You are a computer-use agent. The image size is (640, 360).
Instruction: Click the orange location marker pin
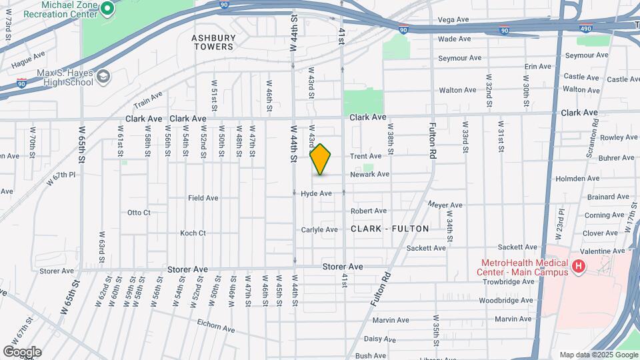pos(321,159)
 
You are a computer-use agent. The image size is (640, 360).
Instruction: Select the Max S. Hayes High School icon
pos(103,77)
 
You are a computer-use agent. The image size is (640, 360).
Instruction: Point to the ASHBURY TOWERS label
pos(213,43)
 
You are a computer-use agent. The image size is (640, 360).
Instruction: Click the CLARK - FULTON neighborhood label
pos(390,229)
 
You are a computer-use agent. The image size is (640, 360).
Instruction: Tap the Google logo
pos(22,351)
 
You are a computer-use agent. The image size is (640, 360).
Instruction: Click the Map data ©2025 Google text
pos(598,355)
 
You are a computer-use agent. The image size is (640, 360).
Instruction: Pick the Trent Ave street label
pos(366,156)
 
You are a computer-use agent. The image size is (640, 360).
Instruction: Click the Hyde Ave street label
pos(316,193)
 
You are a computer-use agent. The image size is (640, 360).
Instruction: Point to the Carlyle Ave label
pos(319,229)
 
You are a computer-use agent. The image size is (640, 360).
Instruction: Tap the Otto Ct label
pos(139,213)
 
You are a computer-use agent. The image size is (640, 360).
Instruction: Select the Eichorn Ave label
pos(216,329)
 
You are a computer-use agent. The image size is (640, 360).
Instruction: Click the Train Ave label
pos(148,101)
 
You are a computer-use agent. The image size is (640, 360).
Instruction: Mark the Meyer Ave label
pos(445,205)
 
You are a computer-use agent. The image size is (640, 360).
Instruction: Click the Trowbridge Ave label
pos(509,281)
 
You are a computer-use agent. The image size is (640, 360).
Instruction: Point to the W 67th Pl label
pos(62,178)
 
